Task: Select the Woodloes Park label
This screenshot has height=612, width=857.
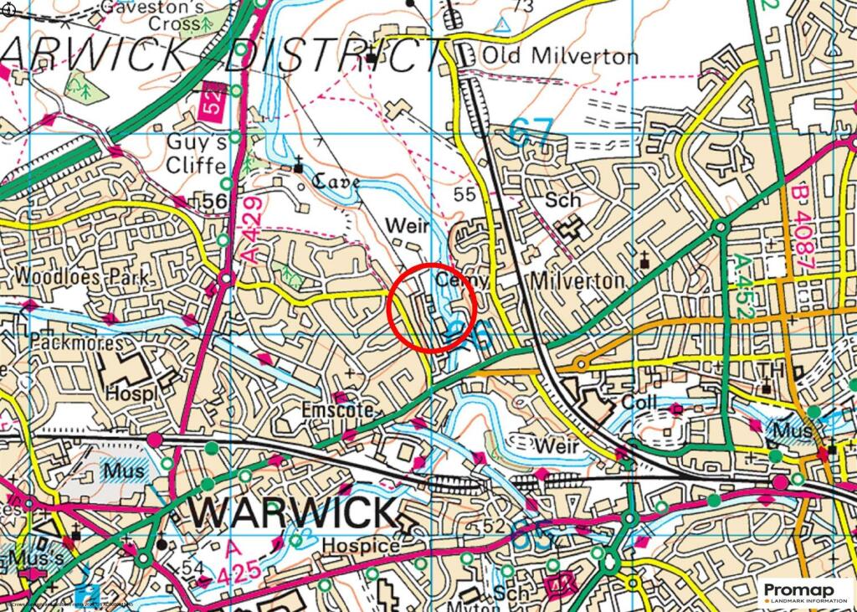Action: tap(80, 276)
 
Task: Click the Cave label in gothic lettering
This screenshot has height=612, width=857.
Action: tap(336, 182)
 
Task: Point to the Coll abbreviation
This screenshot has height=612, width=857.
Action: tap(640, 403)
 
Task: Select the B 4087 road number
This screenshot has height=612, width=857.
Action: tap(803, 226)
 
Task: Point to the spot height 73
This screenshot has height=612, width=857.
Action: tap(524, 7)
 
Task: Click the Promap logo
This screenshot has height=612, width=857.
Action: tap(804, 593)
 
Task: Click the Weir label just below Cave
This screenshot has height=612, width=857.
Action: tap(407, 226)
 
